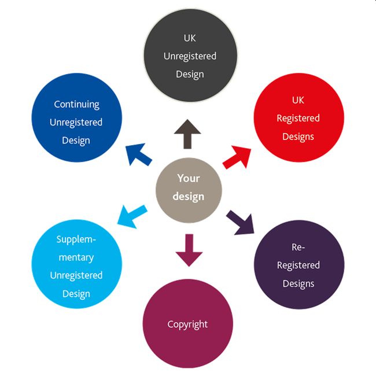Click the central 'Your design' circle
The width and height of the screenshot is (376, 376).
tap(189, 189)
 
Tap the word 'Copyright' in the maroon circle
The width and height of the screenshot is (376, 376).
tap(188, 324)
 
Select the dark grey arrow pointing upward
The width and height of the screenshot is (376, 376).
tap(188, 135)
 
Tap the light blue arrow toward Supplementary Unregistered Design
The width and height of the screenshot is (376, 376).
tap(131, 216)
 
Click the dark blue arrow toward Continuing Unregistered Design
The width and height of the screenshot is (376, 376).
tap(137, 154)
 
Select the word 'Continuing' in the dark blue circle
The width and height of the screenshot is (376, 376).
tap(76, 104)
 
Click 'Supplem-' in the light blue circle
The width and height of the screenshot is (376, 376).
tap(76, 239)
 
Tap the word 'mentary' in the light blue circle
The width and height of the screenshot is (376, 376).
tap(76, 257)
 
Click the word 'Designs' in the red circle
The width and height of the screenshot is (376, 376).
tap(298, 137)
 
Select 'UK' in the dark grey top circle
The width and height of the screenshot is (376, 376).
tap(190, 38)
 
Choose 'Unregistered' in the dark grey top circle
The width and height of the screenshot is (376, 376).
tap(190, 56)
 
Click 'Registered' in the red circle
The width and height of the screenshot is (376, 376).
tap(298, 118)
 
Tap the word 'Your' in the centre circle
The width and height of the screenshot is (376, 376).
tap(189, 178)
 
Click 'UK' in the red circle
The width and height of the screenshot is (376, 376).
tap(298, 100)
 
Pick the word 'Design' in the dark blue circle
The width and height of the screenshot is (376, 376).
tap(76, 140)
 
